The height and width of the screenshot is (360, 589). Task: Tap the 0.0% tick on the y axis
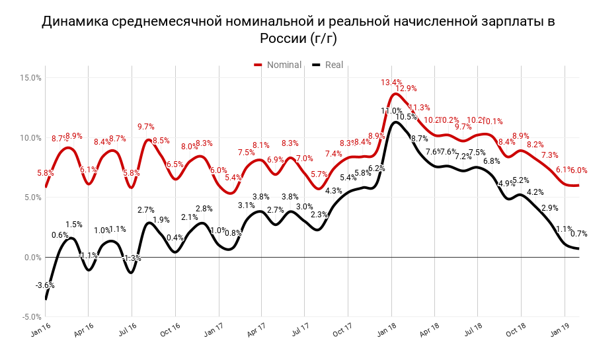click(x=32, y=258)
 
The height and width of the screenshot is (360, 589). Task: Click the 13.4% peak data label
click(x=391, y=83)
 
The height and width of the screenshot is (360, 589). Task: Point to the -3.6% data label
click(x=45, y=285)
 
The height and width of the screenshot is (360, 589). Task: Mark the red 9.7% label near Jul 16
click(x=146, y=127)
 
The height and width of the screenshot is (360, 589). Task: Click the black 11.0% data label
click(x=391, y=111)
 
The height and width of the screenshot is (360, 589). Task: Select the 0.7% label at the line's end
click(x=579, y=234)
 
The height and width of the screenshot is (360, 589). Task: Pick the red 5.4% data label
click(x=233, y=178)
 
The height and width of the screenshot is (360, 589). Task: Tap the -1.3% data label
click(x=132, y=258)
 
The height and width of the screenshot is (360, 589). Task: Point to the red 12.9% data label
click(x=407, y=89)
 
